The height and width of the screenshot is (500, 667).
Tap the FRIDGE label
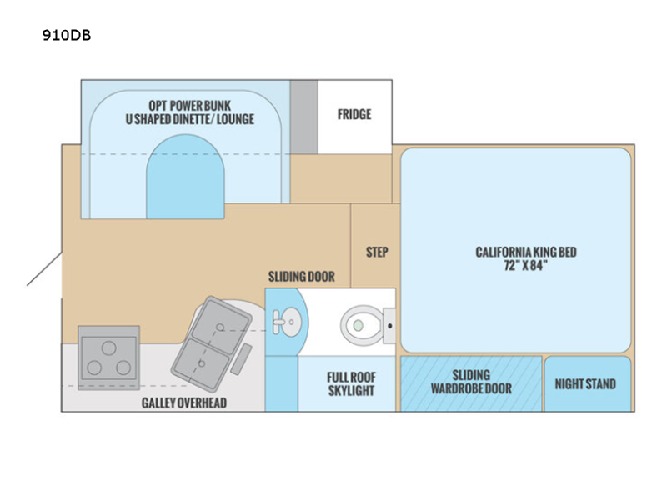click(354, 115)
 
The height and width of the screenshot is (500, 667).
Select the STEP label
click(377, 252)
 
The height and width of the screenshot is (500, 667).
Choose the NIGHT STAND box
click(585, 384)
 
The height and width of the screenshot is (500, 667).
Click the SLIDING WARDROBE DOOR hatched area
click(470, 382)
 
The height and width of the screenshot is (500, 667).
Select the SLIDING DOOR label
click(301, 276)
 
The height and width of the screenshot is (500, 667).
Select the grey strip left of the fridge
click(303, 117)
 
